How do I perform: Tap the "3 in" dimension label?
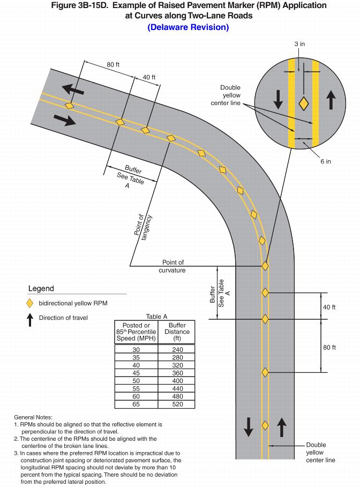tap(300, 43)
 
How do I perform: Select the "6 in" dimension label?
tap(325, 161)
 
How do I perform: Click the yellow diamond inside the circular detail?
tap(303, 103)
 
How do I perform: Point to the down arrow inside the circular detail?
tap(278, 99)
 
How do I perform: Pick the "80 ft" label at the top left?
tap(113, 65)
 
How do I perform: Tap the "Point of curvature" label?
tap(172, 266)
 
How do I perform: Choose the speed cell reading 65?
tap(136, 405)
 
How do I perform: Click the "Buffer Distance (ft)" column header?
tap(177, 332)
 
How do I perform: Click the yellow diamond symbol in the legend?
tap(30, 303)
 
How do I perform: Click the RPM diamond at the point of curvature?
tap(265, 266)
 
